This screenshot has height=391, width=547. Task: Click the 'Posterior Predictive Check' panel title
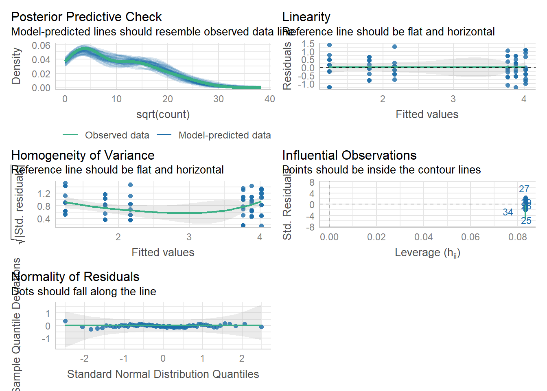click(86, 17)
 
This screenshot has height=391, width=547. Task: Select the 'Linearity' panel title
click(306, 17)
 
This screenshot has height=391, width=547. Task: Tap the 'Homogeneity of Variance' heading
click(83, 156)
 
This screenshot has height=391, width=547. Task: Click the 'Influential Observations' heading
click(349, 156)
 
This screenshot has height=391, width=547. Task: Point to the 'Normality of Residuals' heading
click(75, 277)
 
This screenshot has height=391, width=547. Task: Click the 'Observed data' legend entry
click(117, 135)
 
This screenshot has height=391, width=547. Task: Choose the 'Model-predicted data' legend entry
click(225, 135)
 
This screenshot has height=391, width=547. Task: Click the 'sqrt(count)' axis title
click(163, 114)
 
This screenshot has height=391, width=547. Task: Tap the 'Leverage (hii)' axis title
click(427, 253)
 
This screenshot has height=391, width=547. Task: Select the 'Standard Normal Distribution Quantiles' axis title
click(163, 374)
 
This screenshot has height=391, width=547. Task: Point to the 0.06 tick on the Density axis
click(41, 46)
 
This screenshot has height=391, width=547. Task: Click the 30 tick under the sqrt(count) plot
click(219, 99)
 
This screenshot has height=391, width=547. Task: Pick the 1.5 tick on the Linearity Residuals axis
click(308, 44)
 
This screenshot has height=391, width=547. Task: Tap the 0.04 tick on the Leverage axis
click(423, 237)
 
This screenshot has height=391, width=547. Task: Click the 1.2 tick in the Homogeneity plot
click(44, 194)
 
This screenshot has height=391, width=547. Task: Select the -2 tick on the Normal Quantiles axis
click(84, 358)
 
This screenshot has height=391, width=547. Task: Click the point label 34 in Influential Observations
click(508, 212)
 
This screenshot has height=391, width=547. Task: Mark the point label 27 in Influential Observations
click(524, 189)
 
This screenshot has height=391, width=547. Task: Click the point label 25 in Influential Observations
click(526, 221)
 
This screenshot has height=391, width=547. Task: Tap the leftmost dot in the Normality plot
click(65, 321)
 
